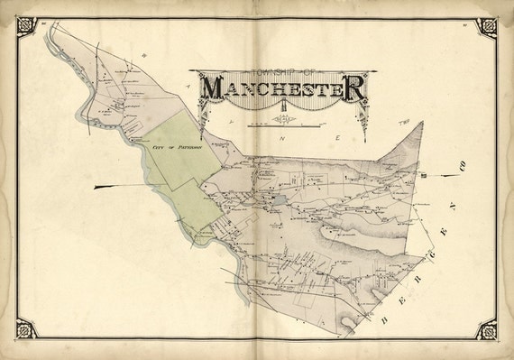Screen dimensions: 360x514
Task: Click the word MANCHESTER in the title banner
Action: (282, 88)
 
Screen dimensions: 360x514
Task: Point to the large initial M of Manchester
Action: (213, 88)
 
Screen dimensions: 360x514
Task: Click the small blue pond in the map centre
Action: (281, 202)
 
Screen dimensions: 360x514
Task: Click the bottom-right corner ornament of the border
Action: (487, 331)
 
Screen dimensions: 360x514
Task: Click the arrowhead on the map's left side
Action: (97, 186)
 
